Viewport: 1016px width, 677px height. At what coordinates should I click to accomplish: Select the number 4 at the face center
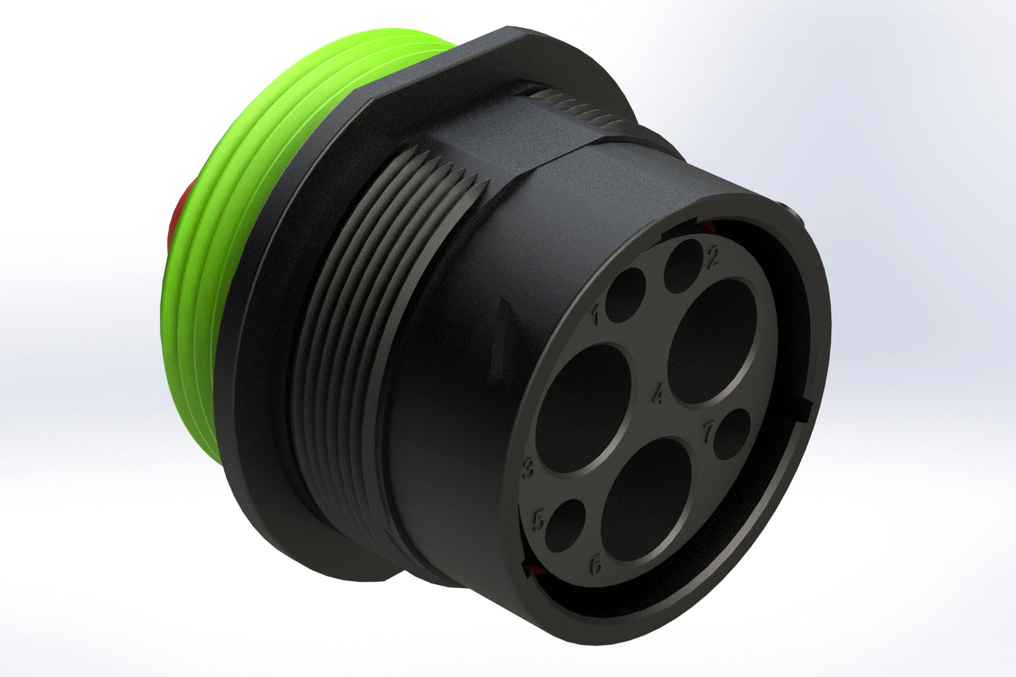coord(659,396)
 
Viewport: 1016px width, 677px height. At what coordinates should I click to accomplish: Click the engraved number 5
coord(539,520)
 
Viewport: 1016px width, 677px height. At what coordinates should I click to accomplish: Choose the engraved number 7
coord(709,431)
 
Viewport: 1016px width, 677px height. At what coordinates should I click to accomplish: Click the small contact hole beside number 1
coord(625,295)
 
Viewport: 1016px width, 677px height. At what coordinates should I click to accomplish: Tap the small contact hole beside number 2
coord(683,266)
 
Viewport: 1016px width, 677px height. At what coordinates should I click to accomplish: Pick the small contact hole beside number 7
coord(733,434)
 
